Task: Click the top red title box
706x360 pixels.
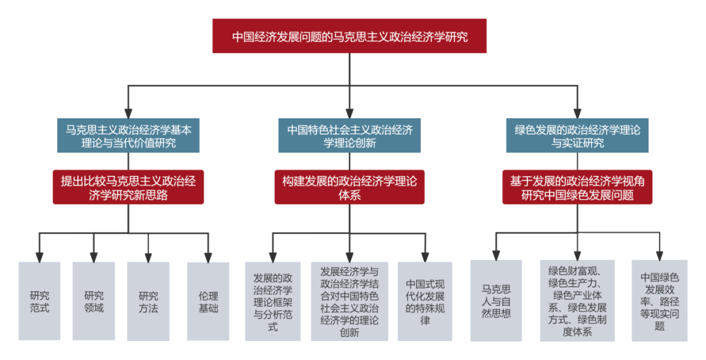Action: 350,37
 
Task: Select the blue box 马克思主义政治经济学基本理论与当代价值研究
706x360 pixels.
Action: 128,135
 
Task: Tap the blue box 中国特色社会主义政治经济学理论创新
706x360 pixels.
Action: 350,135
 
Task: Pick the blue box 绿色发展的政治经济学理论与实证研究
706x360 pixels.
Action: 577,135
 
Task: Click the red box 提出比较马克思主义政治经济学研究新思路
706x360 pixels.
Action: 128,187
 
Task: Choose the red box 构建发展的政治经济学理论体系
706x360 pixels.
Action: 350,187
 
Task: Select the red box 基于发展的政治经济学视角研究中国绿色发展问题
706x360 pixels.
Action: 577,187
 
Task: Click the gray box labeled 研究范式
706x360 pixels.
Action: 40,301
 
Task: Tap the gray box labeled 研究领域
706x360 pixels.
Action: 93,301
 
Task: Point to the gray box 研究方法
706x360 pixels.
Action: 148,301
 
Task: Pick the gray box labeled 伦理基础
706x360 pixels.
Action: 208,301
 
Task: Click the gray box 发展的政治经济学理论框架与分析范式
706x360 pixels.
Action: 273,301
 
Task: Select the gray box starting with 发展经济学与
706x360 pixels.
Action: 350,301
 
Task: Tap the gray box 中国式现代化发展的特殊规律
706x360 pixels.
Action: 425,301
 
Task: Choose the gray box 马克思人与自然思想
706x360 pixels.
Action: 496,301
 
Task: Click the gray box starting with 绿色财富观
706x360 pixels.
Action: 577,301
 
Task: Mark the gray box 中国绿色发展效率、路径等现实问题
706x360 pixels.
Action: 659,301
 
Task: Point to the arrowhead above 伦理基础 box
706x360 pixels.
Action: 208,256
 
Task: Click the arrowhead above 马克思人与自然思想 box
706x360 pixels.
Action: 496,254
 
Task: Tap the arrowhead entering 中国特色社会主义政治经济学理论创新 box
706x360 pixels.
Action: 350,112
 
